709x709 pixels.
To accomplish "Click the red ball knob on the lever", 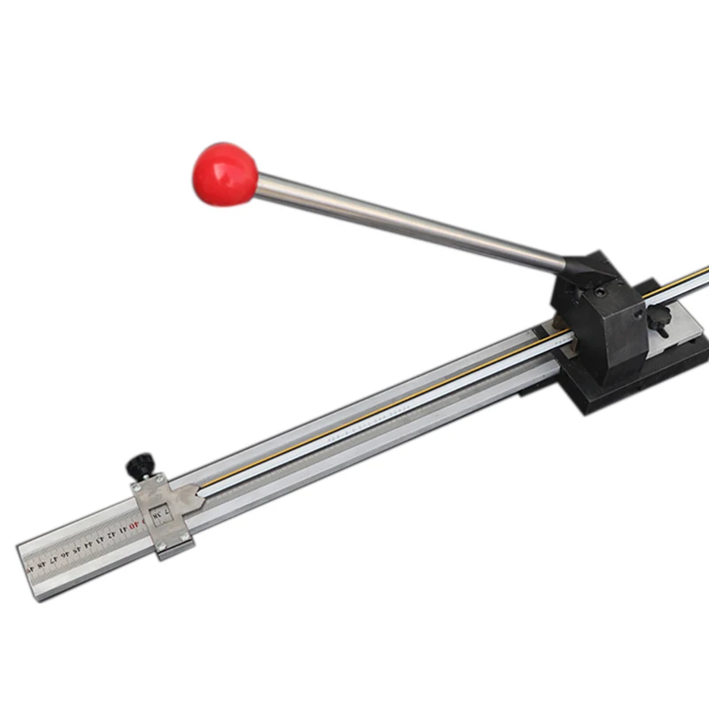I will (224, 174).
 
